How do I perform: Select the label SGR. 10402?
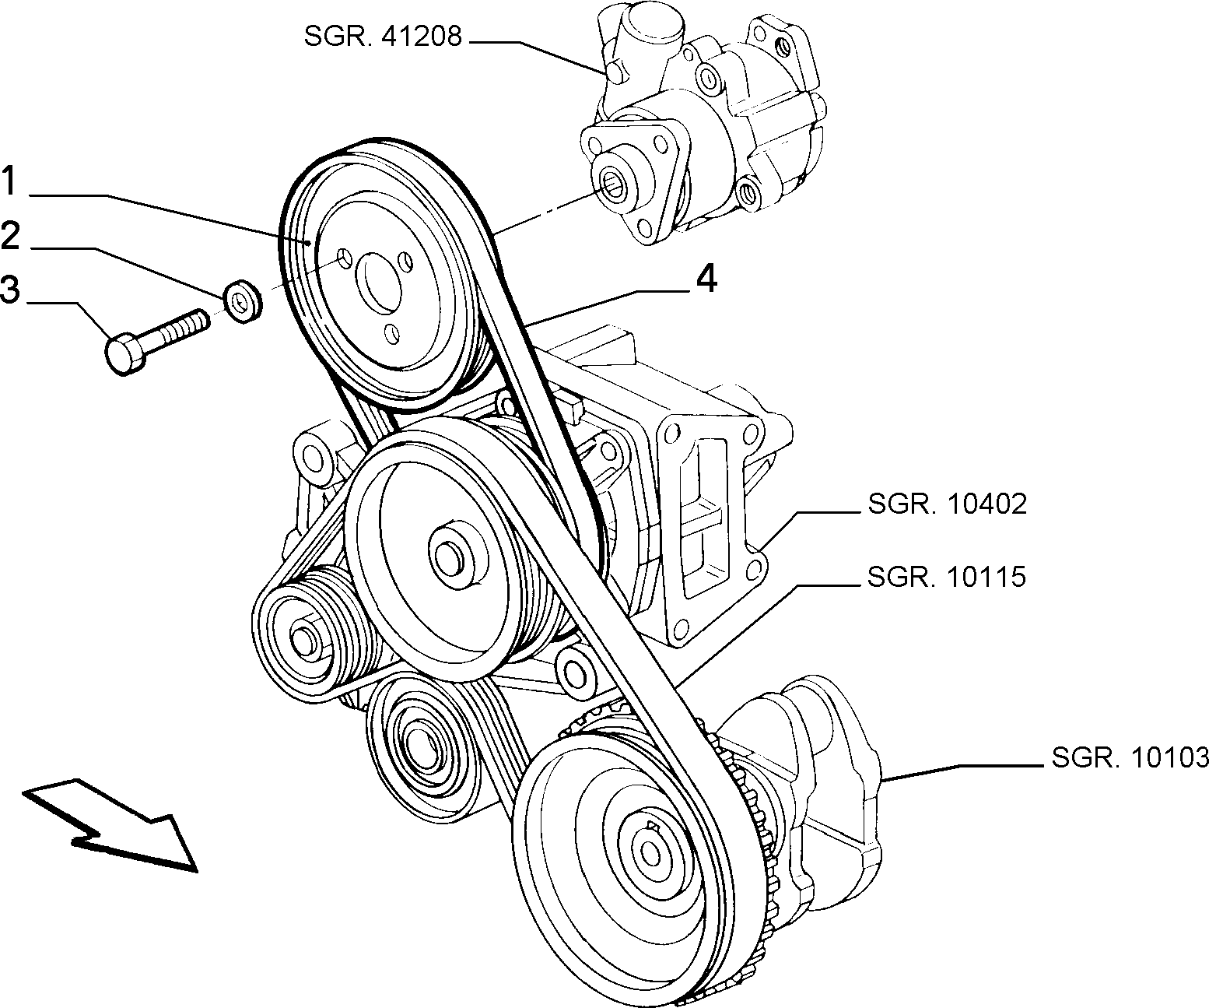point(948,504)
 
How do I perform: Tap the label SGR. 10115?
point(947,577)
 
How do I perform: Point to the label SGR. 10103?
point(1130,757)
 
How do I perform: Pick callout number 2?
point(11,235)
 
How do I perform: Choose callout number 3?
point(10,289)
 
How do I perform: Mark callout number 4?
point(706,279)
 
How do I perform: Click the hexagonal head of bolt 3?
point(123,353)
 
